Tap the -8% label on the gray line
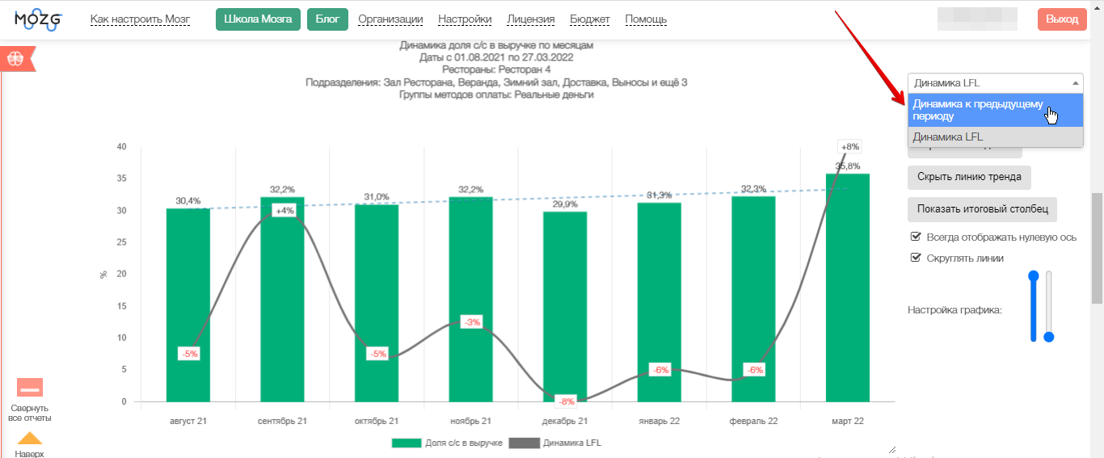tap(566, 401)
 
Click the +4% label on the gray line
tap(284, 211)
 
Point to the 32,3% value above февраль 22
tap(753, 189)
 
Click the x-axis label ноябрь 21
tap(470, 421)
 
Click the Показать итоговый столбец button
tap(982, 209)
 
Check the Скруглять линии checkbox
tap(916, 258)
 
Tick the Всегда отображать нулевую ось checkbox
tap(916, 237)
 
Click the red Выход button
tap(1062, 19)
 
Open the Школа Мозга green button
tap(258, 19)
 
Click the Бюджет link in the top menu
tap(590, 19)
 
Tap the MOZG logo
tap(38, 19)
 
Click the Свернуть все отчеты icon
tap(30, 388)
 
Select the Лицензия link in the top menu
tap(531, 19)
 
